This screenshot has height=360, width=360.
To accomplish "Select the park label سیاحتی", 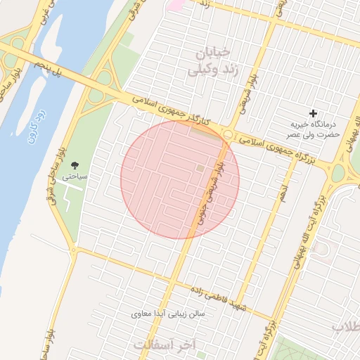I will point(75,176).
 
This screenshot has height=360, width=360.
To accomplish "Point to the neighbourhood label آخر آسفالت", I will point(167,344).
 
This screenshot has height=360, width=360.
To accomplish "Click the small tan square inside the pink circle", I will point(200,169).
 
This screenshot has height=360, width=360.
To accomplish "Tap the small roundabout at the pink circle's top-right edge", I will point(228,134).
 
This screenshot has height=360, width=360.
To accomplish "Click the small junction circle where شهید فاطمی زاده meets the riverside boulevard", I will point(73,250).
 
